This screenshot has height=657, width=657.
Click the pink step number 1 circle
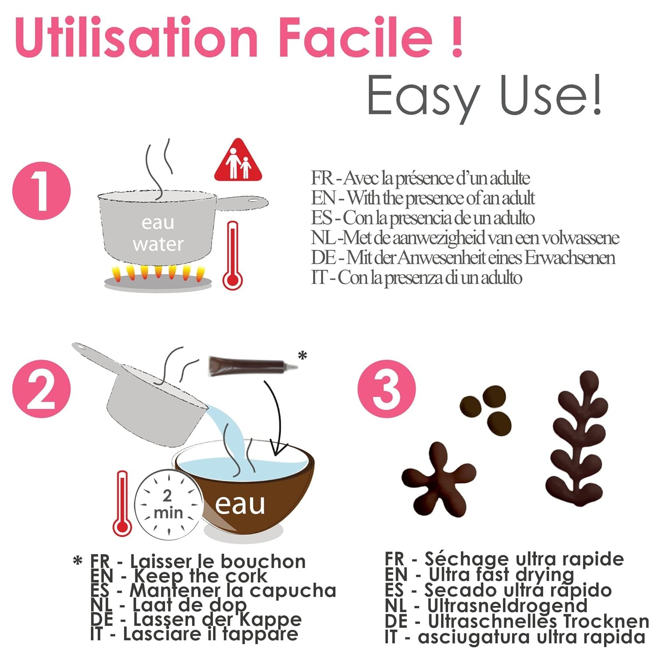(x=41, y=191)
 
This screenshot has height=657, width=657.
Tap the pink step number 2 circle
(x=41, y=389)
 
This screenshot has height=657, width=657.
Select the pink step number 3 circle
(x=386, y=389)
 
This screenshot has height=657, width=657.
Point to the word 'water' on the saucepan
(x=158, y=244)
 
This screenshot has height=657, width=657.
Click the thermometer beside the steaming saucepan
(x=232, y=256)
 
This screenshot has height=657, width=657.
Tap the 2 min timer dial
(x=168, y=504)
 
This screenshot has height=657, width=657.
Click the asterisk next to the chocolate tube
(x=302, y=356)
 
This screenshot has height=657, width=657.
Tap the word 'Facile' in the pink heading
(x=355, y=37)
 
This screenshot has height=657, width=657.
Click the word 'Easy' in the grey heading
(x=423, y=96)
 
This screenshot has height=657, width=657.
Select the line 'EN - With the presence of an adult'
(x=423, y=198)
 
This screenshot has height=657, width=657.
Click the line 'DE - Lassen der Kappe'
(x=196, y=619)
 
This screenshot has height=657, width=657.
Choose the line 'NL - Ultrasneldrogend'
(x=486, y=605)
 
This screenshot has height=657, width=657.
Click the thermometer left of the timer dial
(x=122, y=504)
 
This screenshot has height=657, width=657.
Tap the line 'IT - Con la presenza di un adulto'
(x=416, y=278)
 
